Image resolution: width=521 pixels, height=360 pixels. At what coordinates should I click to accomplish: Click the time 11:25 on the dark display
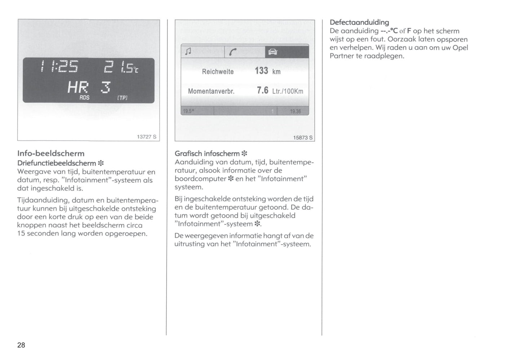[x=59, y=66]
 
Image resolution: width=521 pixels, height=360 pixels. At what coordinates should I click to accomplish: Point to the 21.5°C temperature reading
[x=121, y=67]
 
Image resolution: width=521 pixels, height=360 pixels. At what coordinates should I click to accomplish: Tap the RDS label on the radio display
[x=84, y=97]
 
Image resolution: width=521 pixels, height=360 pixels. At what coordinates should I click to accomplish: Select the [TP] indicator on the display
[x=122, y=98]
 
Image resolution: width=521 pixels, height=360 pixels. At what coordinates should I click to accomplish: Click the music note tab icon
[x=188, y=51]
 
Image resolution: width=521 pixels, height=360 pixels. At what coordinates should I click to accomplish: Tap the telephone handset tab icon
[x=233, y=52]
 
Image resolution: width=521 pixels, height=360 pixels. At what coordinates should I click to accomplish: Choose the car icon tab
[x=273, y=52]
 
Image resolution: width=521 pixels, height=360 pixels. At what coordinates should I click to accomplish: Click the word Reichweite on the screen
[x=218, y=71]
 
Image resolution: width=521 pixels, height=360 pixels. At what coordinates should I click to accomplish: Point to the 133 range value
[x=261, y=70]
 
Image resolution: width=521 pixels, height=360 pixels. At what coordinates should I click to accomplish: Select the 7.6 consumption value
[x=262, y=90]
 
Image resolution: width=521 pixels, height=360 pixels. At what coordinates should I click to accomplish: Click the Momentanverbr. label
[x=211, y=91]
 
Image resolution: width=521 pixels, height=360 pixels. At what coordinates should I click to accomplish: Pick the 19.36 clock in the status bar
[x=295, y=111]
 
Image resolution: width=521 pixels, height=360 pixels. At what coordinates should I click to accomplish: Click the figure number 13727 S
[x=146, y=137]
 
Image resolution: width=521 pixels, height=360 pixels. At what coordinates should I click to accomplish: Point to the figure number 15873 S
[x=303, y=137]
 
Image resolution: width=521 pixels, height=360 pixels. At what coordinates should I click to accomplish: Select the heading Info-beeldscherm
[x=51, y=153]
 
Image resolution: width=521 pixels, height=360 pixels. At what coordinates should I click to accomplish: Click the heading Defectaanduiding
[x=359, y=22]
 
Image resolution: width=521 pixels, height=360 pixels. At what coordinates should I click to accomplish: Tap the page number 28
[x=21, y=345]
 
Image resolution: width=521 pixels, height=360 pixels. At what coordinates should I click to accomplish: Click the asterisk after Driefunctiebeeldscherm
[x=101, y=163]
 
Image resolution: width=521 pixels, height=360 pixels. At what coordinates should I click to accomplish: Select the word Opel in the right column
[x=460, y=48]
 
